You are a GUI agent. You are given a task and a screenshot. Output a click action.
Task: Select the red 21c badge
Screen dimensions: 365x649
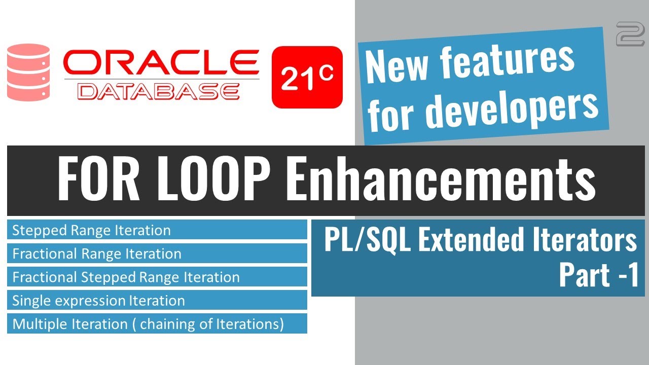tap(307, 77)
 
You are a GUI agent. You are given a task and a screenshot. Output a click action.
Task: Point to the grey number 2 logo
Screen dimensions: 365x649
tap(630, 34)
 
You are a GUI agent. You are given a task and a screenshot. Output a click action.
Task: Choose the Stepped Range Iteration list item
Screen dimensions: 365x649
tap(91, 231)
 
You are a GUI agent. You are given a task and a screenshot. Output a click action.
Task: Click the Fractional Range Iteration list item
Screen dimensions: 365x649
tap(96, 254)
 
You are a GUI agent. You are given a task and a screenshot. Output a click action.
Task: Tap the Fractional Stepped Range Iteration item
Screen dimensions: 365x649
tap(126, 277)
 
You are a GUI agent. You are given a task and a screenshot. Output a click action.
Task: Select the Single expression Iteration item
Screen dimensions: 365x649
tap(98, 301)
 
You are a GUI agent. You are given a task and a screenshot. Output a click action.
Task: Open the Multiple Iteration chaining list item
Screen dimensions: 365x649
tap(148, 324)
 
